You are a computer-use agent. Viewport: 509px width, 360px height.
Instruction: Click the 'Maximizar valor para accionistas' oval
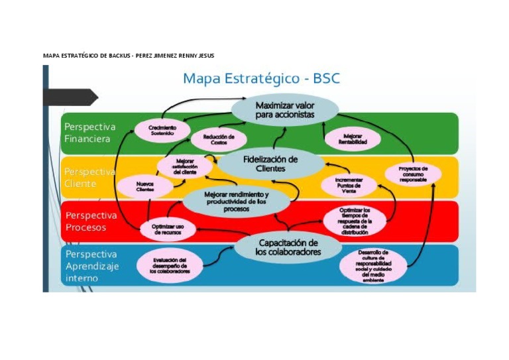tap(285, 110)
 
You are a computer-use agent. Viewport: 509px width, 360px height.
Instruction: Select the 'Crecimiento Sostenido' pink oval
tap(162, 129)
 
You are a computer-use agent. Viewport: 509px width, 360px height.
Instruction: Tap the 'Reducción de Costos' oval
tap(219, 139)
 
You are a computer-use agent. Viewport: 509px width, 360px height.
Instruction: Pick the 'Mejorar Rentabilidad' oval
tap(352, 139)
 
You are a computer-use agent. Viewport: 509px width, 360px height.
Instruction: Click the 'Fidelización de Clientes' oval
tap(270, 164)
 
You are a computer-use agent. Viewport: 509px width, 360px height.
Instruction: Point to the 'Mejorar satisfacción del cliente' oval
tap(185, 166)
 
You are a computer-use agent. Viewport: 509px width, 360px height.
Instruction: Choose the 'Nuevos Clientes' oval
tap(145, 186)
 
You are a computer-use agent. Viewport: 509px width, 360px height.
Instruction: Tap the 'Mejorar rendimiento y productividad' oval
tap(236, 201)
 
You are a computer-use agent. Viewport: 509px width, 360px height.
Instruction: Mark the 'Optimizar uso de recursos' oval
tap(168, 229)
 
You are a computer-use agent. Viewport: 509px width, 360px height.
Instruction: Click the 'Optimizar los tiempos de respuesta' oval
tap(354, 221)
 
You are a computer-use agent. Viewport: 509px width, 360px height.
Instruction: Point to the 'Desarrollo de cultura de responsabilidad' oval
tap(372, 265)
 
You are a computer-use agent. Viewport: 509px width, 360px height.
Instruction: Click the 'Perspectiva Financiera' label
tap(90, 133)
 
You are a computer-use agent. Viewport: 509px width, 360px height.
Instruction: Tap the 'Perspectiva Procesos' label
tap(91, 221)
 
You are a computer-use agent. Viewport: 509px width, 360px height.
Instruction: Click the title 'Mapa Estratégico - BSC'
tap(261, 78)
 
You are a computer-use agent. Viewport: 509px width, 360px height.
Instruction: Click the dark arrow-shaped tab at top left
tap(73, 98)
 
